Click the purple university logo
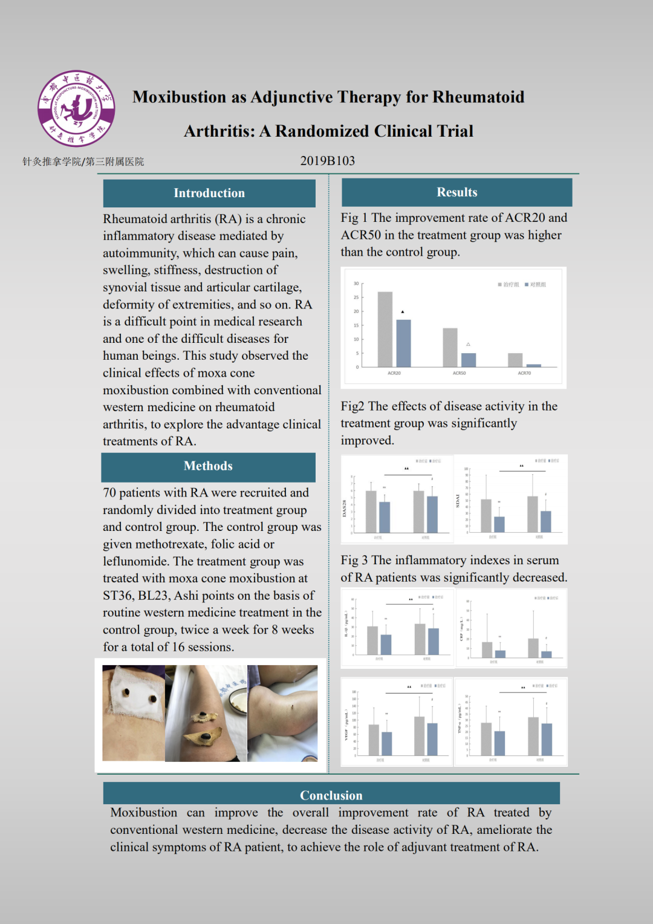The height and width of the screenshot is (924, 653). [x=76, y=108]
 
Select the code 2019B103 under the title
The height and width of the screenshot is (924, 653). [x=327, y=161]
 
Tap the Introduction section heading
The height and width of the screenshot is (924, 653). [x=209, y=193]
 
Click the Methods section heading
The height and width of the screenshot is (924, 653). [x=208, y=466]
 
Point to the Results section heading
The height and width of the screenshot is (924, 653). [x=456, y=192]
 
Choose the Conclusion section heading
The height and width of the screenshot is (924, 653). [x=331, y=795]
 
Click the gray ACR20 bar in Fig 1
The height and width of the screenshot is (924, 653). [x=385, y=329]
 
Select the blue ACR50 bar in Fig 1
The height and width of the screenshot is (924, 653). [x=468, y=360]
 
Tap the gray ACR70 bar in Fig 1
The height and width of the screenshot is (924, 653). [x=515, y=360]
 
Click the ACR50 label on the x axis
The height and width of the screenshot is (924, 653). [x=459, y=373]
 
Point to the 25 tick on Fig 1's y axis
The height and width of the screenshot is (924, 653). [x=356, y=298]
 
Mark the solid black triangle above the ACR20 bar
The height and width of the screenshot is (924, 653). [x=403, y=312]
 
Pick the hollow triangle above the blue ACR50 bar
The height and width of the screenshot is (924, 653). [x=468, y=344]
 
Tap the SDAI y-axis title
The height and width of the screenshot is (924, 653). [x=458, y=501]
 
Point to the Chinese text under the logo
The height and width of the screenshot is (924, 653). [x=83, y=161]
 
